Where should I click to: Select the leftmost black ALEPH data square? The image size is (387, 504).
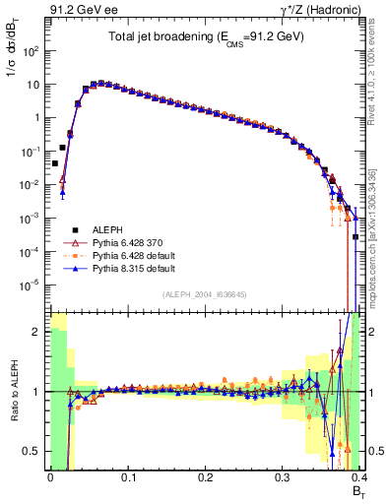pyautogui.click(x=54, y=163)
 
